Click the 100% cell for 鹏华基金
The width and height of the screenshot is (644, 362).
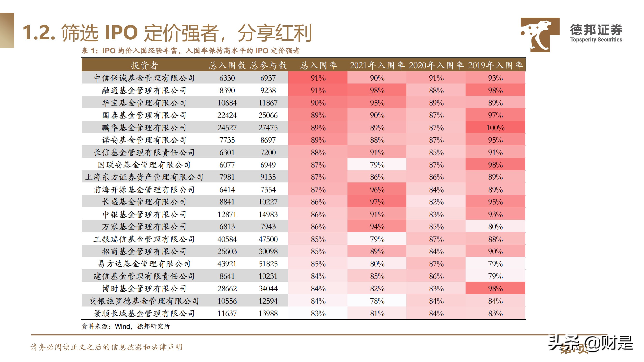tap(495, 128)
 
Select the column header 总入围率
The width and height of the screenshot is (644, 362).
tap(318, 65)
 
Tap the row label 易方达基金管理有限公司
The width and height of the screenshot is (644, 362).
tap(144, 264)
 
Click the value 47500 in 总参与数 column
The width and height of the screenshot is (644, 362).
tap(268, 239)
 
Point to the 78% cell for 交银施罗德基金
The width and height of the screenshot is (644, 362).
tap(377, 301)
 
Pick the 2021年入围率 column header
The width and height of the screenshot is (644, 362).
tap(377, 65)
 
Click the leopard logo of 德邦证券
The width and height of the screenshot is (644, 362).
tap(539, 35)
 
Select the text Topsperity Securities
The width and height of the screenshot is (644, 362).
tap(596, 40)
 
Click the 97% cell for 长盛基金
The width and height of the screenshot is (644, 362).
tap(377, 202)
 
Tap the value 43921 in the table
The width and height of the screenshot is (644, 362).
tap(227, 264)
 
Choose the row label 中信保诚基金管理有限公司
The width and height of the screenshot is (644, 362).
tap(144, 78)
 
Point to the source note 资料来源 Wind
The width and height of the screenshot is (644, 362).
tap(126, 326)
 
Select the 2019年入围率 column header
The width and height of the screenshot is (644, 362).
tap(495, 65)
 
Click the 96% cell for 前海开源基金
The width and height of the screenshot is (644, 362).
tap(377, 190)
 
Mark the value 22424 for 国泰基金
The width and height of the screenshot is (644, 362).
tap(227, 115)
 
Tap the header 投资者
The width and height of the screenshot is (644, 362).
tap(144, 65)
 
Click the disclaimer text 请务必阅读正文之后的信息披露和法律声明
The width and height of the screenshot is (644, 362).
tap(106, 347)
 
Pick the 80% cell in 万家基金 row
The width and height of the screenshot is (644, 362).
tap(495, 227)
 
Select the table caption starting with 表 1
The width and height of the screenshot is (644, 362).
tap(191, 51)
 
